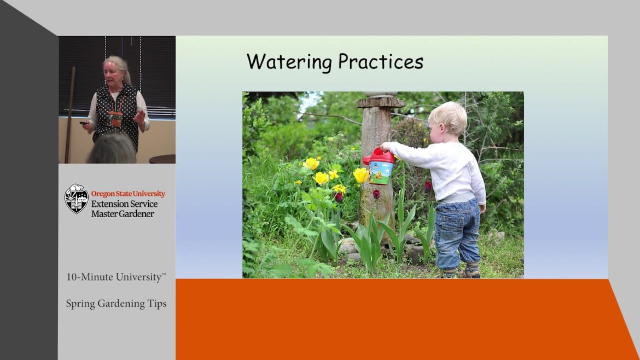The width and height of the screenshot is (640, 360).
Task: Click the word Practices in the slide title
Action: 381,62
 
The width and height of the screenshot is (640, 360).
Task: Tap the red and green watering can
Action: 381,166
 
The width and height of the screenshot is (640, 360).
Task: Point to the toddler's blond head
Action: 449,118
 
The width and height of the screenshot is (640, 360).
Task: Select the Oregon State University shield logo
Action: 76,199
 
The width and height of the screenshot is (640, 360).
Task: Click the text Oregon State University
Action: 127,194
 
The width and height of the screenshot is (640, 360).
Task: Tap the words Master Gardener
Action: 123,214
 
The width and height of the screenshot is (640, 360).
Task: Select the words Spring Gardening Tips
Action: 116,304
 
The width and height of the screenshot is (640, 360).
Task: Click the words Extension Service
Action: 124,204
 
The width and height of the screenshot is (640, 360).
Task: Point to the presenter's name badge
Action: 115,119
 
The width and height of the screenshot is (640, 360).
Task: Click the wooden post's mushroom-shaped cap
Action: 381,102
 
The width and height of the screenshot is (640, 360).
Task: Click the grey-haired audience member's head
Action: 111,149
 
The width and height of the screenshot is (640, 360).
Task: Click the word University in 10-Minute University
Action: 136,277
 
